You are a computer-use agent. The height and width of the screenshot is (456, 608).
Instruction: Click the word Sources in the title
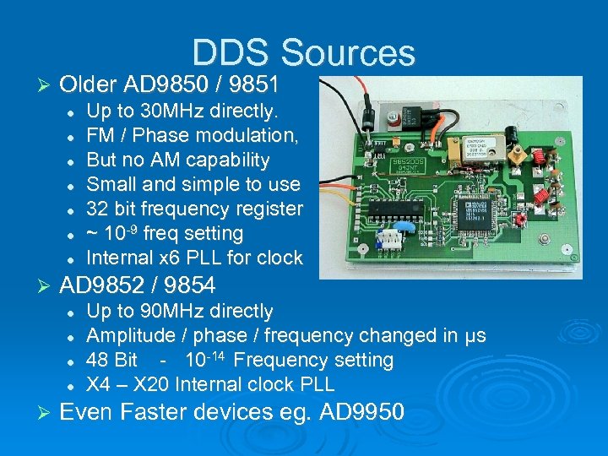coord(348,52)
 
